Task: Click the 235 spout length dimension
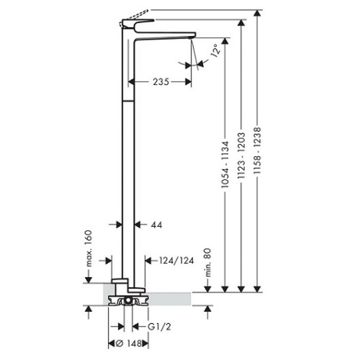[160, 81]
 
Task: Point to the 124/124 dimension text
[176, 260]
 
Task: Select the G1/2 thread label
[159, 327]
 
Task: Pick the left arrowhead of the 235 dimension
[132, 81]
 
